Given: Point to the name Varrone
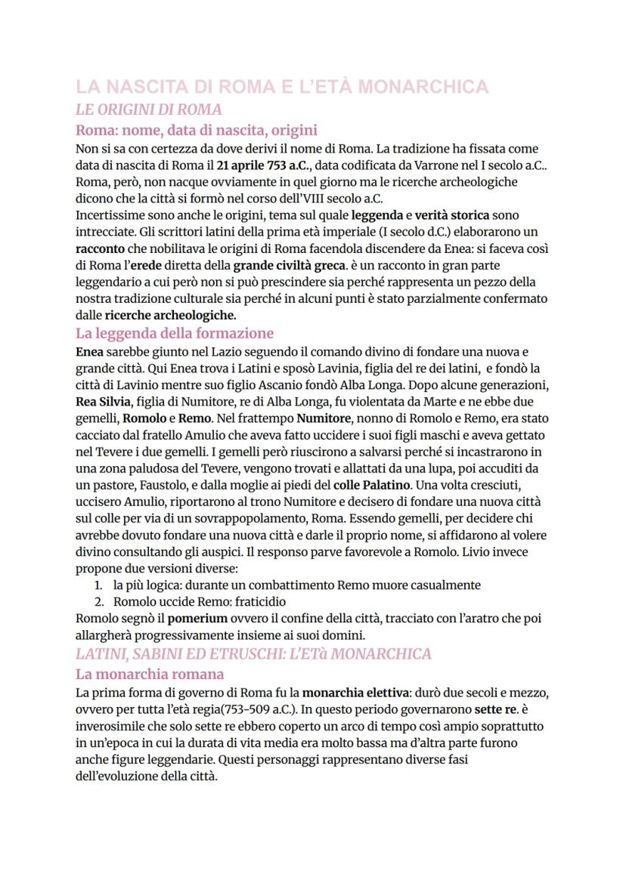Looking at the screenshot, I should tap(422, 166).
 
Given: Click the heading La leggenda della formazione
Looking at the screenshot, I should tap(175, 333).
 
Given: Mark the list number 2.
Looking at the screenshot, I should tap(98, 602).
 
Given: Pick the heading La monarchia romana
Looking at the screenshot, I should tap(150, 674).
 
